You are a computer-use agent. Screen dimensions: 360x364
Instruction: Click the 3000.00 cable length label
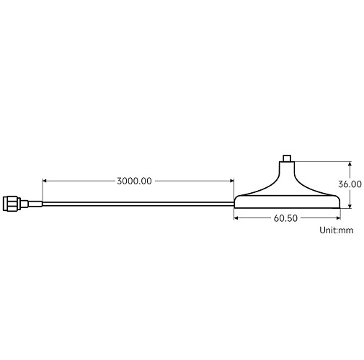[x=134, y=181]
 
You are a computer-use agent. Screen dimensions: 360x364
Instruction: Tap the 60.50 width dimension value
[x=286, y=218]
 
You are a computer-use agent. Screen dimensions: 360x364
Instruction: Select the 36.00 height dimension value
[x=351, y=184]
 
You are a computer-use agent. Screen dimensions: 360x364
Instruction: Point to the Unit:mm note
[x=337, y=231]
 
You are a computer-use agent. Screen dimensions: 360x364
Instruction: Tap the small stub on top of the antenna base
[x=287, y=156]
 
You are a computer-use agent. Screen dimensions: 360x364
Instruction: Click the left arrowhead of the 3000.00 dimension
[x=45, y=181]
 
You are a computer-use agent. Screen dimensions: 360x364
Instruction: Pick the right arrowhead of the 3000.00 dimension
[x=232, y=181]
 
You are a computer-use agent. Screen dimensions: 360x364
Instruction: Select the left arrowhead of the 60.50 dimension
[x=236, y=218]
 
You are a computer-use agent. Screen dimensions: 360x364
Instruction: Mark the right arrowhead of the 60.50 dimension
[x=337, y=218]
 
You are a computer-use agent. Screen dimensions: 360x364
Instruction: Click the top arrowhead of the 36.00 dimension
[x=350, y=163]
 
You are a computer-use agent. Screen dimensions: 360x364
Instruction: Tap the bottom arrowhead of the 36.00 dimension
[x=350, y=206]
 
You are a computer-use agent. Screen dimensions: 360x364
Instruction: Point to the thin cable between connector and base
[x=137, y=202]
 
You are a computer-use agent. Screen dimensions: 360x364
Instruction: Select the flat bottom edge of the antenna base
[x=287, y=208]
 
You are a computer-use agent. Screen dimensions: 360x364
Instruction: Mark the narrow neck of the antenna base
[x=287, y=171]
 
